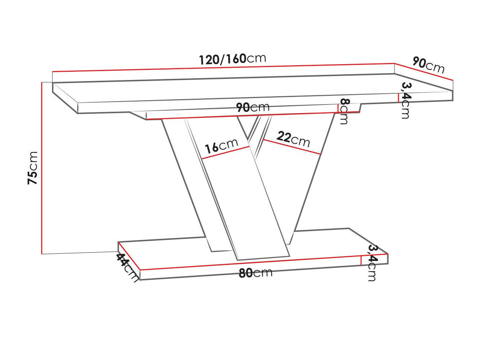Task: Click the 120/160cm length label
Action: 232,59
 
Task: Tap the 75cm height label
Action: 33,168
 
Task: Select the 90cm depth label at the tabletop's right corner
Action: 428,65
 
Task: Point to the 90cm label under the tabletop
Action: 253,107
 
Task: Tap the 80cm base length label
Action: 255,273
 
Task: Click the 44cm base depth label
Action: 127,267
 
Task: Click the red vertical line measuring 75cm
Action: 42,168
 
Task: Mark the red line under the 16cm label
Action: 226,153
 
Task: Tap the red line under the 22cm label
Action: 292,147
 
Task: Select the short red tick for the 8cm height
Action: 338,108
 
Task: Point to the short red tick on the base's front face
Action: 361,260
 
